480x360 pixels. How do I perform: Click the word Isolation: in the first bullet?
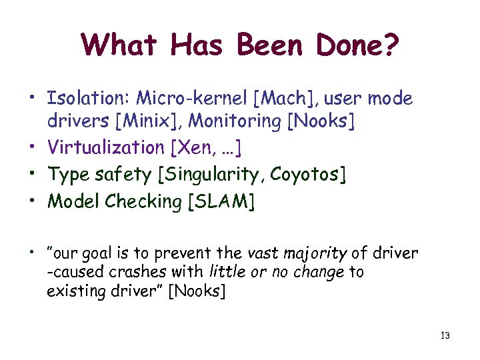point(88,99)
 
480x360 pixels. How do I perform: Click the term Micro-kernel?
point(193,99)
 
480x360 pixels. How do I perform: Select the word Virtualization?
point(105,147)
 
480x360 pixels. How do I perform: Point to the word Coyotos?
point(304,175)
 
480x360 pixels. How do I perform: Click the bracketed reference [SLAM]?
point(222,201)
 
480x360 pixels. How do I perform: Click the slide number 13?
point(445,335)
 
